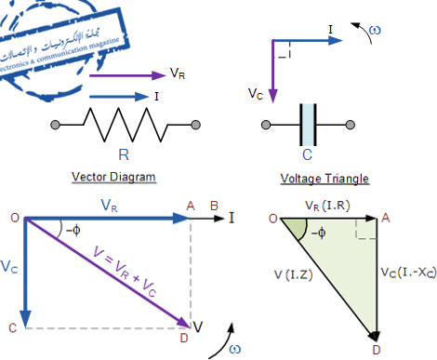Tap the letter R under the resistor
(x=125, y=153)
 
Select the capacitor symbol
(x=310, y=125)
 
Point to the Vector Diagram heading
(x=113, y=177)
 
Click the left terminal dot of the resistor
(x=56, y=125)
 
